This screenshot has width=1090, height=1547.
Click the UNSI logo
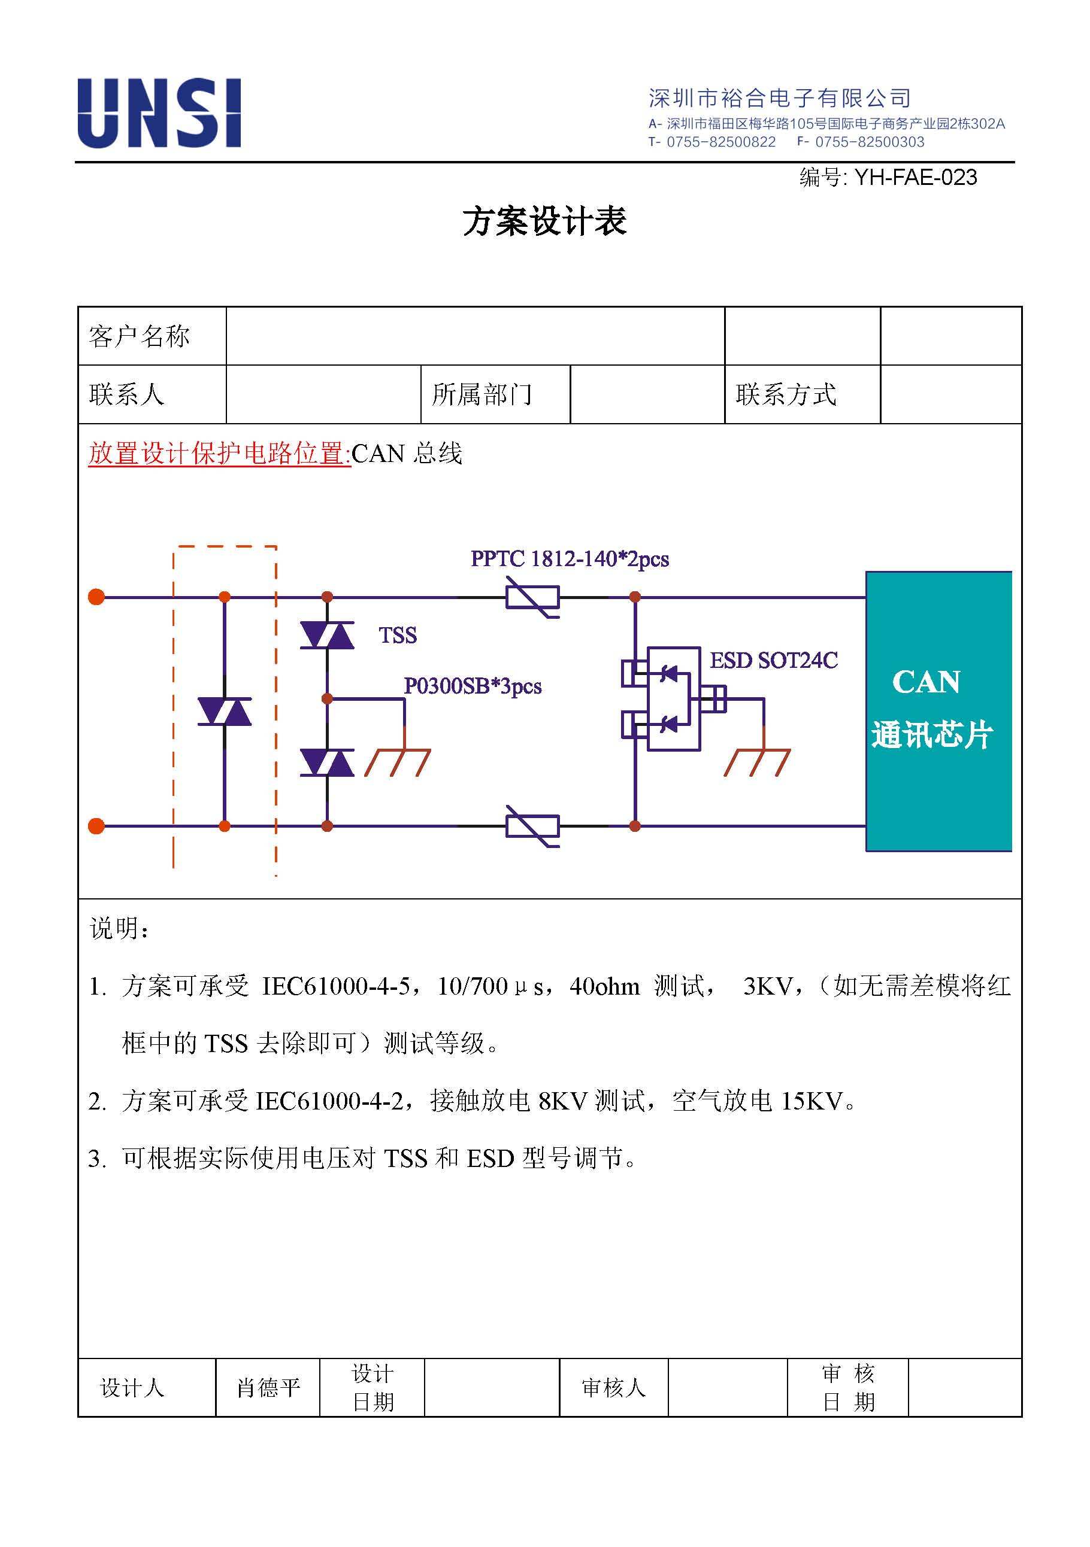(159, 113)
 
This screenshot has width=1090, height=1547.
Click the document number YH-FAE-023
(915, 177)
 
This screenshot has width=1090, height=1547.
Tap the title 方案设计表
(544, 221)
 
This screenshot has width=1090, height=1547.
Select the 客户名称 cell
(152, 336)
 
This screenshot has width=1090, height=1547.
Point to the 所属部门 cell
(495, 395)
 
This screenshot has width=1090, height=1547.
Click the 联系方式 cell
(802, 395)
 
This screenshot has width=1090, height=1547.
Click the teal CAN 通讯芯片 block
(938, 711)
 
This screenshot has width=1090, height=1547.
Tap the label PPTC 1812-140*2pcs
(570, 558)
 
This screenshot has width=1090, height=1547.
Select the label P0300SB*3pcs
(473, 686)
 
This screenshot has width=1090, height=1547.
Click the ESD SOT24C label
(774, 660)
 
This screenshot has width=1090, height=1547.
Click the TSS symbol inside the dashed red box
(225, 712)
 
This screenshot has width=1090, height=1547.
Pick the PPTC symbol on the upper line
(532, 597)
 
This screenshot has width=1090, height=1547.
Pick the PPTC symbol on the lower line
(532, 826)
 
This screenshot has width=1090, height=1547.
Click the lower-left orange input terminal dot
(96, 826)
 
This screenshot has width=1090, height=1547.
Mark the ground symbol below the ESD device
(757, 762)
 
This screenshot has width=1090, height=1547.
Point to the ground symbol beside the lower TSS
(398, 762)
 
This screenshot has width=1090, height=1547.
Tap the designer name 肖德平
(268, 1387)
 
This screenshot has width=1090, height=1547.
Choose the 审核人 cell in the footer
(613, 1387)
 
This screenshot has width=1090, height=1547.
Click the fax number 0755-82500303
(870, 142)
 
